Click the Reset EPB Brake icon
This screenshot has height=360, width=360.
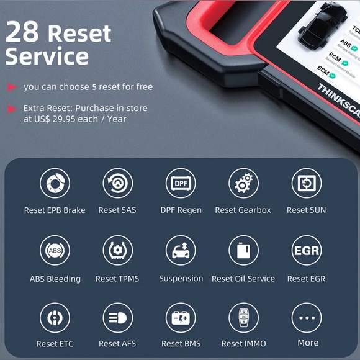tap(55, 184)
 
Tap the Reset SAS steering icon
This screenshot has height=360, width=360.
tap(117, 184)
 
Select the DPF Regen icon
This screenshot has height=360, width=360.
tap(181, 184)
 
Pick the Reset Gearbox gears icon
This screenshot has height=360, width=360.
tap(243, 184)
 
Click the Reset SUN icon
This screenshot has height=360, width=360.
tap(307, 184)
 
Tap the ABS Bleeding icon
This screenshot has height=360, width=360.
tap(55, 251)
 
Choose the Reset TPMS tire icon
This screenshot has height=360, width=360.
tap(117, 251)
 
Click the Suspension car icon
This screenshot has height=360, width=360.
tap(181, 251)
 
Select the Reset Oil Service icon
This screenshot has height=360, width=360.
tap(243, 251)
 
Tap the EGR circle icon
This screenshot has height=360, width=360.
tap(307, 251)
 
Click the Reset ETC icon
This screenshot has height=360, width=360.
tap(55, 318)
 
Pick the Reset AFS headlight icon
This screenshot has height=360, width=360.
tap(117, 318)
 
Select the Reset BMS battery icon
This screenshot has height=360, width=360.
tap(181, 318)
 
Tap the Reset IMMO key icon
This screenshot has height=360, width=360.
tap(243, 318)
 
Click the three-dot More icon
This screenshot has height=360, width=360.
tap(307, 318)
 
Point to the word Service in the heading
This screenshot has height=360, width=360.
tap(47, 56)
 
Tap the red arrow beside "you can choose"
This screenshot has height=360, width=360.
tap(12, 88)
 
